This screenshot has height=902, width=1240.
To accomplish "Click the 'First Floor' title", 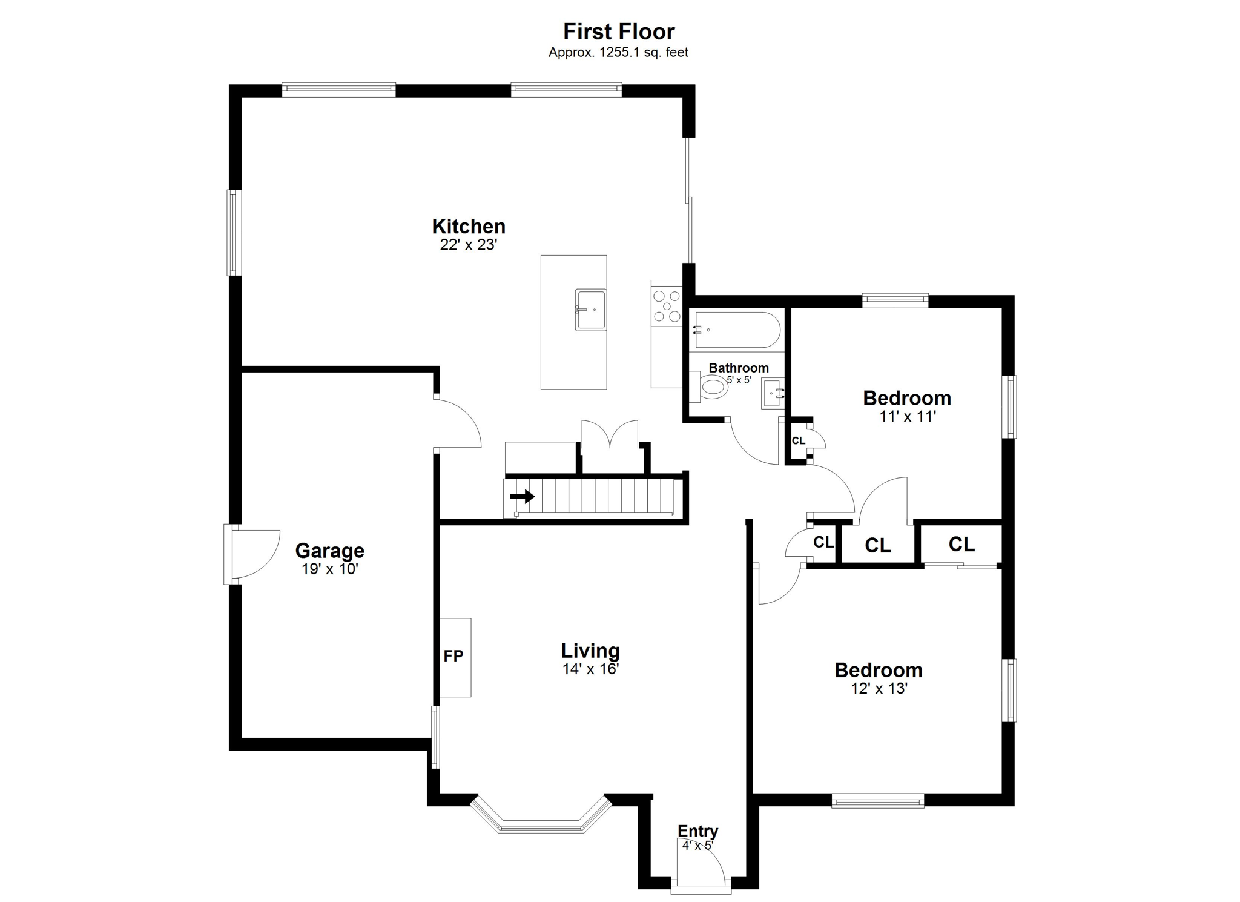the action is (x=619, y=31).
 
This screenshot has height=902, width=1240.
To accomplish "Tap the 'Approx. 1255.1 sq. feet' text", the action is (x=618, y=53).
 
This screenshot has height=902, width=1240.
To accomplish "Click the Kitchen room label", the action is (x=469, y=226).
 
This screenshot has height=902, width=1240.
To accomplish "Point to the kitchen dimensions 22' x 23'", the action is (x=469, y=245).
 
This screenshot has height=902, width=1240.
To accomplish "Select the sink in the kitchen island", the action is (x=590, y=310).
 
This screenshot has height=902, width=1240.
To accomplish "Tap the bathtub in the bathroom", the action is (x=737, y=330).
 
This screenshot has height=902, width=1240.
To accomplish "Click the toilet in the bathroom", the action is (x=709, y=386).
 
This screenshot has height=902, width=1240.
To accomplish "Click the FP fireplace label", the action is (x=453, y=655).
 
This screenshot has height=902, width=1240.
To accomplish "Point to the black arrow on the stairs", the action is (x=522, y=497).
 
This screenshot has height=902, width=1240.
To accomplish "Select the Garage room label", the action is (x=329, y=551).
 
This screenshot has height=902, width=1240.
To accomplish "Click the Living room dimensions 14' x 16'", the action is (x=590, y=669).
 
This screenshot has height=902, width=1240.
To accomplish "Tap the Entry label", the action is (x=697, y=831).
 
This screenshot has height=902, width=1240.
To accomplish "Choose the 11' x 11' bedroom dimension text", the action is (x=907, y=416).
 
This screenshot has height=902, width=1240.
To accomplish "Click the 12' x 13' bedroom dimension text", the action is (x=879, y=688).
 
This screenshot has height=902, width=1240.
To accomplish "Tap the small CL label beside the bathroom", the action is (x=799, y=440).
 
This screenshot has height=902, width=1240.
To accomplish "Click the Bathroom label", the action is (x=739, y=368).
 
